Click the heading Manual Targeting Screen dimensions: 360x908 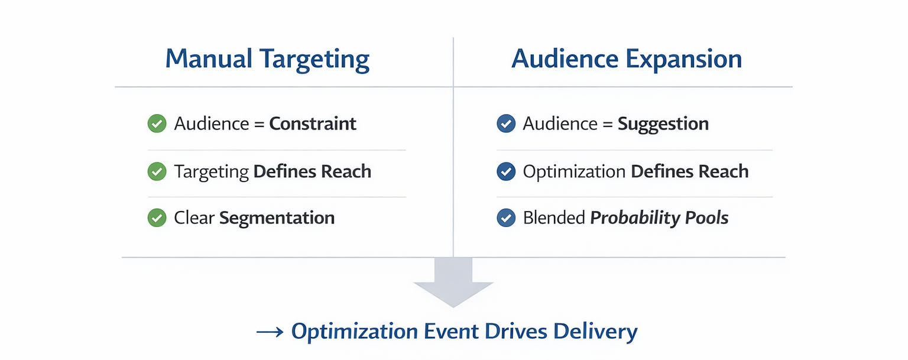coord(267,59)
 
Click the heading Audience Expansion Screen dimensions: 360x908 coord(626,59)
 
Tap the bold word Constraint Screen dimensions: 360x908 coord(313,124)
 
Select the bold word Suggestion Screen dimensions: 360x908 coord(663,124)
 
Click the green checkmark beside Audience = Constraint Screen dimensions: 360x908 coord(157,124)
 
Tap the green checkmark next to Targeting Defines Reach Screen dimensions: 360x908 coord(157,171)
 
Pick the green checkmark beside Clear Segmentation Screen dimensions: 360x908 coord(157,218)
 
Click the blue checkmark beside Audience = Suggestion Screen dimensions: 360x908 coord(505,124)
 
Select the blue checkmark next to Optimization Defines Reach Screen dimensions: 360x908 coord(505,171)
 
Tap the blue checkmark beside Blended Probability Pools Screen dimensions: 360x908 coord(505,218)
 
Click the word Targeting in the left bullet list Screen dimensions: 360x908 coord(211,172)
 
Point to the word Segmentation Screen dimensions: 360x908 coord(277,218)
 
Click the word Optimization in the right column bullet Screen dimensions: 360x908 coord(574,171)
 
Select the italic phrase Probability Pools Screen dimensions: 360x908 coord(659,218)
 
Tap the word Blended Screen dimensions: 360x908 coord(553,218)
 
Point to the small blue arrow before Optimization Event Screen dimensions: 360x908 coord(270,332)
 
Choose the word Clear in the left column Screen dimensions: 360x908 coord(194,218)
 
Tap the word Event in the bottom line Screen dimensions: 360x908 coord(452,331)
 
